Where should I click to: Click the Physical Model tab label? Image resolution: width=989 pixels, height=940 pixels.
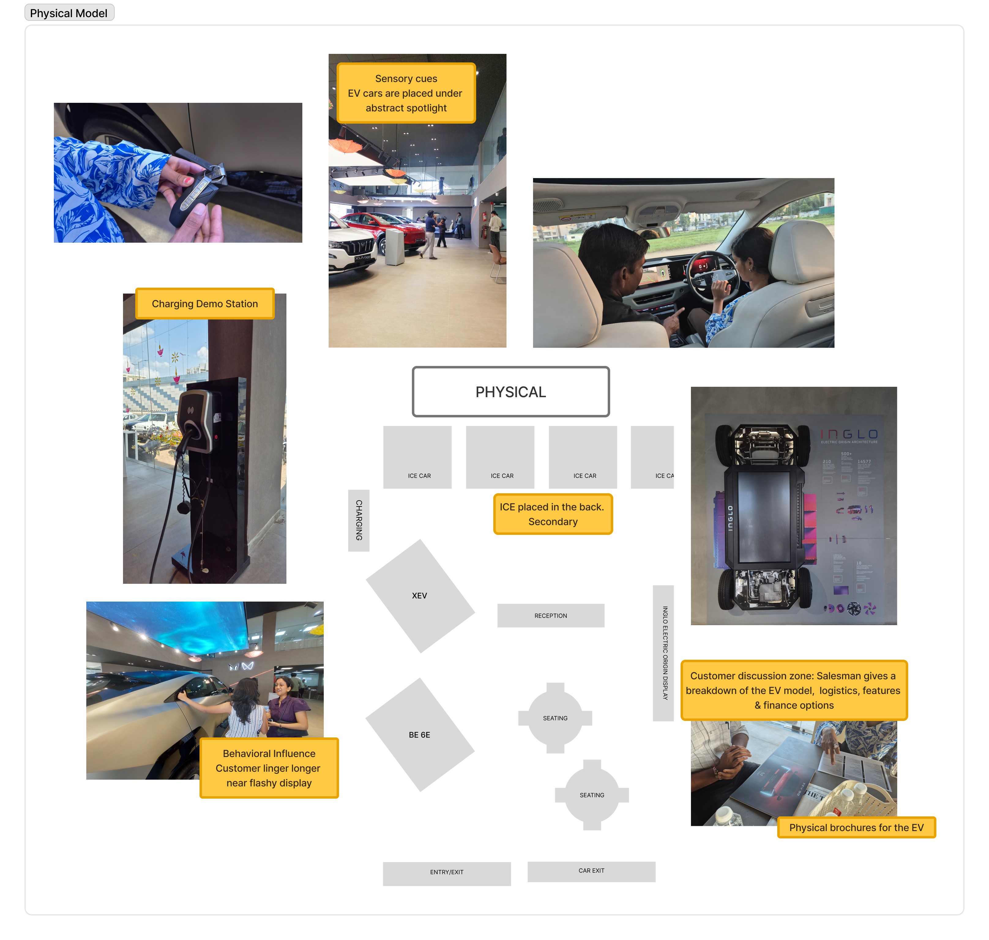coord(69,13)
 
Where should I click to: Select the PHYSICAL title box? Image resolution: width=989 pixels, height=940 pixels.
coord(510,392)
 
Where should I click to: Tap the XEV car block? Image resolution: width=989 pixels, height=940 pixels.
coord(420,596)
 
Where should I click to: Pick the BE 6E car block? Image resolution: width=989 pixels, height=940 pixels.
coord(420,735)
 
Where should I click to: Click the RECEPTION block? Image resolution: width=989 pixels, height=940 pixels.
coord(550,615)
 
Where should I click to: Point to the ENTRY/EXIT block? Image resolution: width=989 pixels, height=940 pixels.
coord(446,873)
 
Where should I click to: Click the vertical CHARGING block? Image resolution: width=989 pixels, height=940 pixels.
coord(359,520)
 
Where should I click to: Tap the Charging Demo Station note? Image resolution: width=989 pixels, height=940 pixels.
coord(204,304)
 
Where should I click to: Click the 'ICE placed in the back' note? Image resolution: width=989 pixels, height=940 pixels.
coord(553,514)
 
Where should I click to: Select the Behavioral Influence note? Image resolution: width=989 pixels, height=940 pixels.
coord(269,768)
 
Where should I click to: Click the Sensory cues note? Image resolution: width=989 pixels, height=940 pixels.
coord(406,93)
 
